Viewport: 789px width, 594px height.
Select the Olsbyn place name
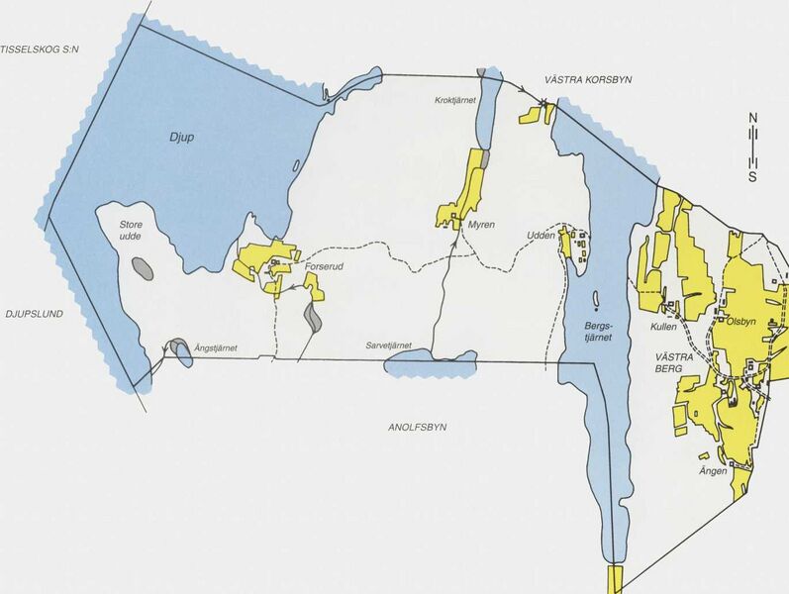[x=741, y=321]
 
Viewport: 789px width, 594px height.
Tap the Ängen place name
[x=714, y=470]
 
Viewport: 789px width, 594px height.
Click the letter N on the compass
[x=752, y=119]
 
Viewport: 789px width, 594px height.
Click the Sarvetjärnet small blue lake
[x=428, y=367]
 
